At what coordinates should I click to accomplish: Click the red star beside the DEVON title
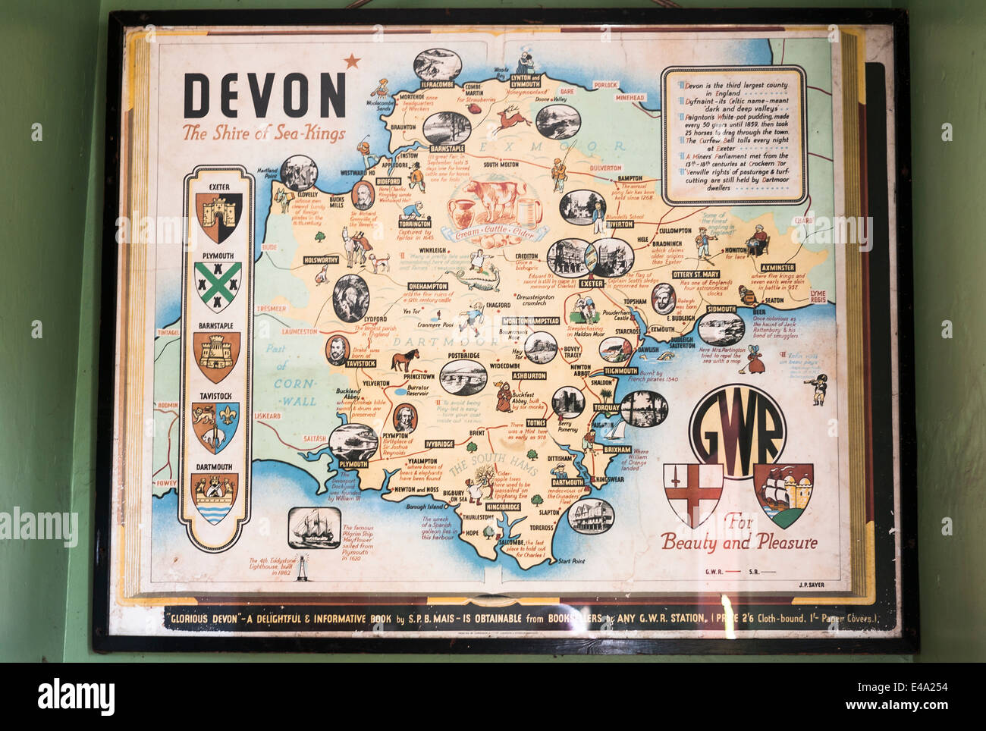pos(352,61)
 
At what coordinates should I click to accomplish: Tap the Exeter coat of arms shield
pos(218,217)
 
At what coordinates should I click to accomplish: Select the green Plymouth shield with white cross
pos(218,287)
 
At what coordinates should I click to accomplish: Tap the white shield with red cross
pos(693,494)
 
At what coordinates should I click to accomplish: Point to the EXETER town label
pos(591,284)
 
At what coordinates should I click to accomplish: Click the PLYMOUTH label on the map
pos(353,463)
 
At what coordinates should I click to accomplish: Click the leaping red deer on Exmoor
pos(513,118)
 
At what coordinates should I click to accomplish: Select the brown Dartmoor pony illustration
pos(404,359)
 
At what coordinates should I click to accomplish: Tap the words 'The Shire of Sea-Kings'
pos(263,133)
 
